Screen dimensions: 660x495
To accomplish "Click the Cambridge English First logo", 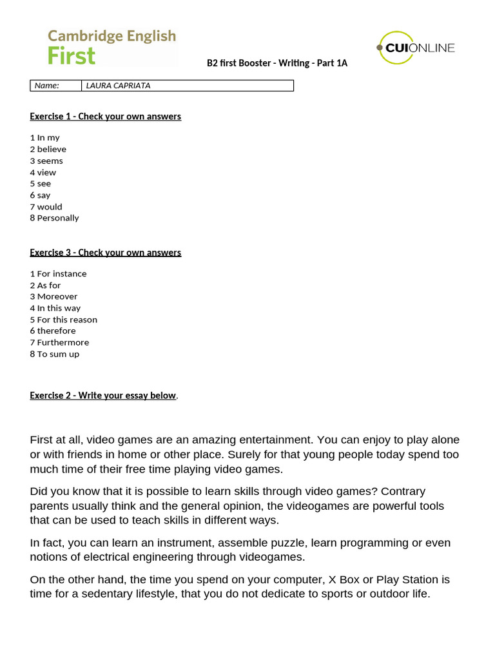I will [x=112, y=47].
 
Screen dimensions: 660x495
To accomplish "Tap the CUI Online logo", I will [x=416, y=48].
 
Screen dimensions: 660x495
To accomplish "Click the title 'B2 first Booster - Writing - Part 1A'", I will [x=277, y=63].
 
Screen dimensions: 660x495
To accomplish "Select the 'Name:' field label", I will [x=46, y=86].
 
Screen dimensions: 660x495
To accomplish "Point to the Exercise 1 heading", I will [x=105, y=117].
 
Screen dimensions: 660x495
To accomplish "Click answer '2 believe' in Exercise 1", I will [x=48, y=149].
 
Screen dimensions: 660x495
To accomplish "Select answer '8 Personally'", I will [x=54, y=218].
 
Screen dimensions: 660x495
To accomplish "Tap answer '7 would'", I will [x=46, y=207].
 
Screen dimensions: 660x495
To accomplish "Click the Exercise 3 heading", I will [x=105, y=253].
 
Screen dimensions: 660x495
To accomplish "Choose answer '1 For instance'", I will [x=58, y=274].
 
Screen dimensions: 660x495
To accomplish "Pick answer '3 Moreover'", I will [x=53, y=296].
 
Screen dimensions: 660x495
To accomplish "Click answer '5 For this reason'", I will [x=63, y=320].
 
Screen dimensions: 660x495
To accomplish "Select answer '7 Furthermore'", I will [x=59, y=342].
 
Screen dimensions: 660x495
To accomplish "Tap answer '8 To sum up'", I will [x=54, y=354].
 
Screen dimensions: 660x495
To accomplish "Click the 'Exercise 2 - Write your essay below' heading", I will [x=103, y=396].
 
